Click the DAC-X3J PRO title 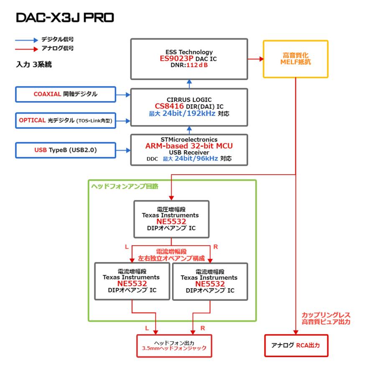point(65,18)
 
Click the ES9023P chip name point(178,59)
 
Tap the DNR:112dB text point(189,66)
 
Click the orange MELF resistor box point(295,59)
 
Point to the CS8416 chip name point(170,106)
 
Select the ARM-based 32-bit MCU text point(189,146)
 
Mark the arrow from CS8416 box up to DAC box point(189,84)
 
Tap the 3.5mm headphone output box point(175,345)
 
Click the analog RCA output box point(295,345)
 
